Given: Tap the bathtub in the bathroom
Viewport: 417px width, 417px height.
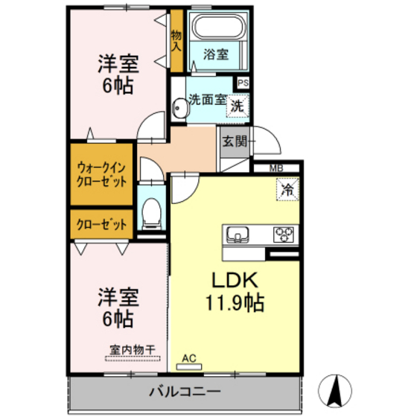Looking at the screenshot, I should [216, 29].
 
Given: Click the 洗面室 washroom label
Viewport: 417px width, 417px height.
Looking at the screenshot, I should [206, 100].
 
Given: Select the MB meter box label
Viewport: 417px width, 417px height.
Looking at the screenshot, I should [276, 169].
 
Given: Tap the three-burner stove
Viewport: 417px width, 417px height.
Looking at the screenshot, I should [284, 234].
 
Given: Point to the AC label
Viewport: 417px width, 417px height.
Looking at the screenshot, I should [189, 359].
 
